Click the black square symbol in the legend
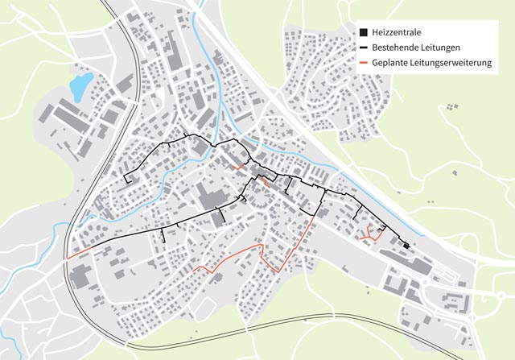tap(363, 32)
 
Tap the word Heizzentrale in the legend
tap(398, 32)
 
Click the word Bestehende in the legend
tap(399, 48)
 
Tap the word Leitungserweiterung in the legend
tap(453, 63)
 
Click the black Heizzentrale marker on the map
tap(407, 246)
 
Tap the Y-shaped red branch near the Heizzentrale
tap(371, 234)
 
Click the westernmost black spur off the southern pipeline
tap(163, 234)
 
